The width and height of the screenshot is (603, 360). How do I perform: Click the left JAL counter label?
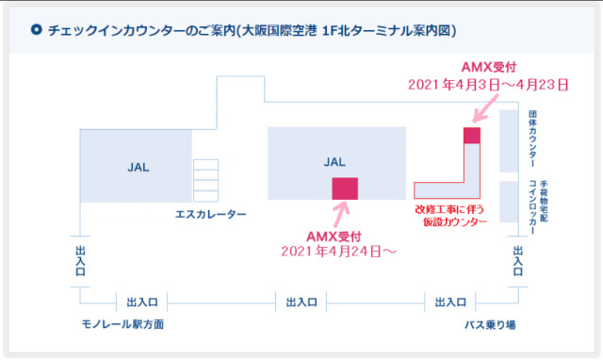pyautogui.click(x=139, y=167)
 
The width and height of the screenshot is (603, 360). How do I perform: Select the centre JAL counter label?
pyautogui.click(x=334, y=161)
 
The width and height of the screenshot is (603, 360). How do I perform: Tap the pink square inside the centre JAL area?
pyautogui.click(x=345, y=188)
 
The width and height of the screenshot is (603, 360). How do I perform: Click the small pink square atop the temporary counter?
pyautogui.click(x=472, y=136)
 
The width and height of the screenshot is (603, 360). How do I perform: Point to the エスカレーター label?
pyautogui.click(x=211, y=214)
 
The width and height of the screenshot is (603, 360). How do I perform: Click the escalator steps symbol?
pyautogui.click(x=205, y=179)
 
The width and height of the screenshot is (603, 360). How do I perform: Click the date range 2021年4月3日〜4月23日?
pyautogui.click(x=488, y=84)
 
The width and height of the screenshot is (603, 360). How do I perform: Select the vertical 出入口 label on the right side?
pyautogui.click(x=516, y=260)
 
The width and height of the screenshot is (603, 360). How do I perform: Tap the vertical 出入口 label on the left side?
pyautogui.click(x=80, y=260)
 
